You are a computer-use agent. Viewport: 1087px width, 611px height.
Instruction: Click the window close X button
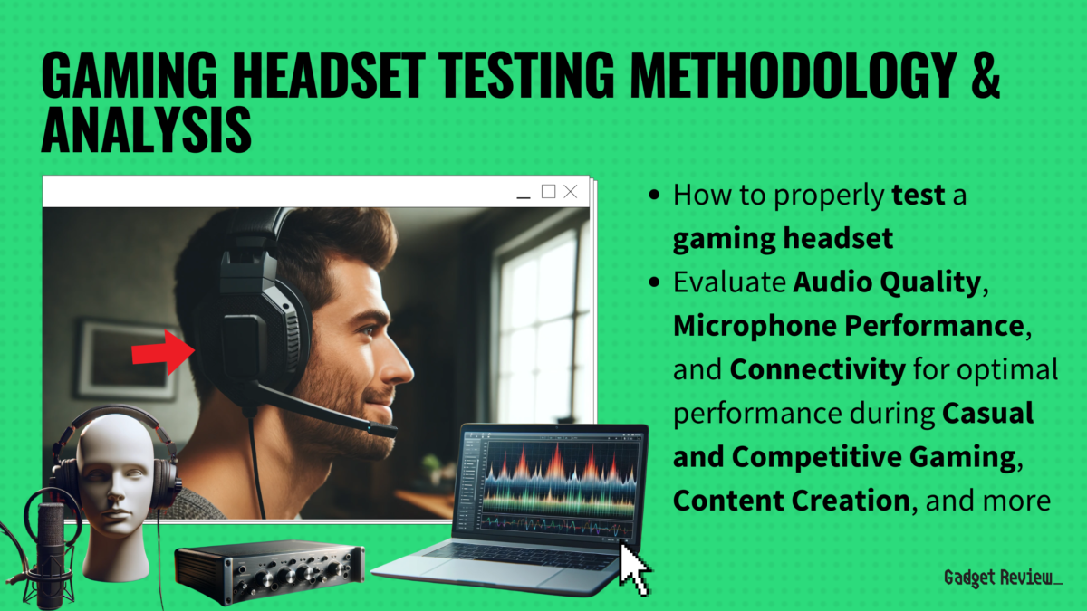pos(570,192)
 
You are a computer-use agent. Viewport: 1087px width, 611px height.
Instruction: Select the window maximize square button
pos(548,191)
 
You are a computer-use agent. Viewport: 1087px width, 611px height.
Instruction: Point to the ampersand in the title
pos(982,76)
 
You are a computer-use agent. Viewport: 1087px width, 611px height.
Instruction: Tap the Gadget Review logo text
pos(1002,578)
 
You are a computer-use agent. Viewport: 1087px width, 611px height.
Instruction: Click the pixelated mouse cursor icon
pos(634,568)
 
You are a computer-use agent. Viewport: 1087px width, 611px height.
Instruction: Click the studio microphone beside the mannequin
pos(50,543)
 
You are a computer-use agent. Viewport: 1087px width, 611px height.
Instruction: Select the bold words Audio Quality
pos(887,282)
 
